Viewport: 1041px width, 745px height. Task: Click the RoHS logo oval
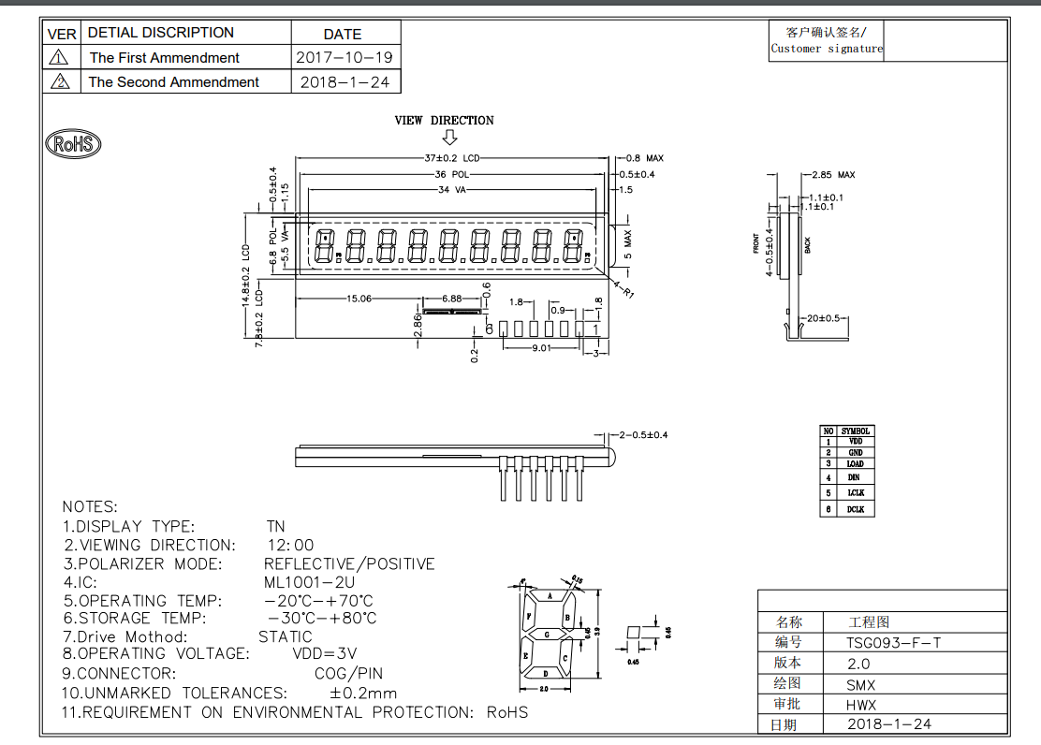(73, 144)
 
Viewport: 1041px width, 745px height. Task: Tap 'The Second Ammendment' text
(173, 81)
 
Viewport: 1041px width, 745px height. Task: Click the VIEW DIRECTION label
(444, 120)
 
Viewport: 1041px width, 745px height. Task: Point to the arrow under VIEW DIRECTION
(449, 137)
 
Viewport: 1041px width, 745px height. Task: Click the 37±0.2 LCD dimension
(451, 158)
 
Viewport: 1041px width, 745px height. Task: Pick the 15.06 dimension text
(359, 299)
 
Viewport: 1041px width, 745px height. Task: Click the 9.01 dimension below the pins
(541, 347)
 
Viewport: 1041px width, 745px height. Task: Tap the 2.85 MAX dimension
(833, 175)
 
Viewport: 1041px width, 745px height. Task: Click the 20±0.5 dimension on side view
(825, 317)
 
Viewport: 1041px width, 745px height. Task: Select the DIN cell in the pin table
(856, 477)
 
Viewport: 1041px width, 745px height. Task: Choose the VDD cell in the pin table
(856, 441)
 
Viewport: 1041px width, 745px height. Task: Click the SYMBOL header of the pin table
(856, 431)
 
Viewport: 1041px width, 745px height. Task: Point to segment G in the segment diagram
(548, 634)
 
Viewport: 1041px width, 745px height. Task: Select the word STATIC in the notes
(286, 636)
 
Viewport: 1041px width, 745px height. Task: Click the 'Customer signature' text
(827, 49)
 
